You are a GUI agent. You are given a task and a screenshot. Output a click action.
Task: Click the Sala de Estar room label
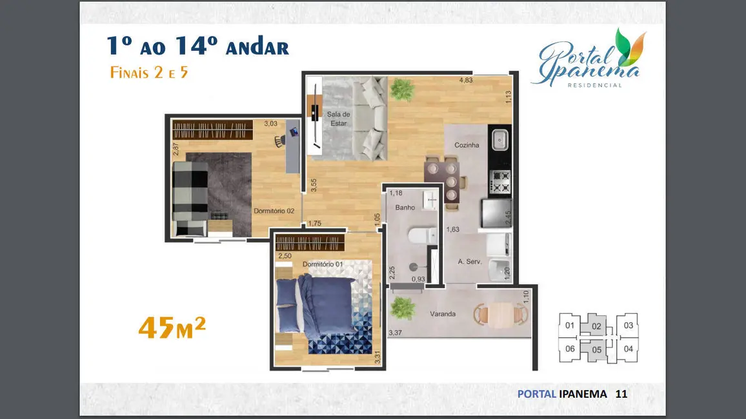[338, 119]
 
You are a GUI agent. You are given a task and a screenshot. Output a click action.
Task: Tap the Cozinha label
[467, 145]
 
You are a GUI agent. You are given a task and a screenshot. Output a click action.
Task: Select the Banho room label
[405, 208]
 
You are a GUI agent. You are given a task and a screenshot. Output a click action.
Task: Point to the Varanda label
[443, 314]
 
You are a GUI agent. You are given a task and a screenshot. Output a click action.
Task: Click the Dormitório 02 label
[274, 211]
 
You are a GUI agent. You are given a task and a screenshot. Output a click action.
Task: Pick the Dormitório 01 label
[323, 264]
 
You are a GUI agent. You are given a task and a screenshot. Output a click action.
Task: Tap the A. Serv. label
[470, 261]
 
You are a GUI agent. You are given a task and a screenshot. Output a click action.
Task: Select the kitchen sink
[499, 140]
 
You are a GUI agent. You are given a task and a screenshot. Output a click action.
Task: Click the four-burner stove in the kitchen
[500, 182]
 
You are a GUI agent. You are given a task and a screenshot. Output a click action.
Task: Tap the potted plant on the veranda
[403, 308]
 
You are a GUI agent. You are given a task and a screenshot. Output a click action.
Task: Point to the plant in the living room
[402, 90]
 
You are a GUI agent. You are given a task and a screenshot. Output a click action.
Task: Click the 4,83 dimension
[466, 81]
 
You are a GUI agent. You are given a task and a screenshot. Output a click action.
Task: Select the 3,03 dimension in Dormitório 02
[270, 124]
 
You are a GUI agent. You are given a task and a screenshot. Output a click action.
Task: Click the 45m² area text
[172, 327]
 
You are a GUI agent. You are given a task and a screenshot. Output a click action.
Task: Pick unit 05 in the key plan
[597, 350]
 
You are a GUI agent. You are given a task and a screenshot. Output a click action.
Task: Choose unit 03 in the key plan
[629, 326]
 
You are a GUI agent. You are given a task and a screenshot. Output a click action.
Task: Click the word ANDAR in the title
[257, 48]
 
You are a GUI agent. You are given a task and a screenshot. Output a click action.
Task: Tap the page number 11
[621, 394]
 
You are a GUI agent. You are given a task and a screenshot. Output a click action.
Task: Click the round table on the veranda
[501, 315]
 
